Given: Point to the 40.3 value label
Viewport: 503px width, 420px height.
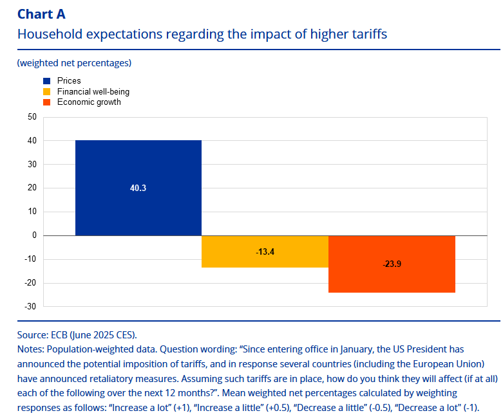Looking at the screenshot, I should pyautogui.click(x=138, y=188).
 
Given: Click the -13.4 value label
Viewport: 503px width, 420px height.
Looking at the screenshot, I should pyautogui.click(x=265, y=251).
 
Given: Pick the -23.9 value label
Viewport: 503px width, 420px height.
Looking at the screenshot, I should pyautogui.click(x=392, y=264).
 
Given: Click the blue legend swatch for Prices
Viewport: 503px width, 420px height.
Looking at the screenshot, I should pyautogui.click(x=47, y=81).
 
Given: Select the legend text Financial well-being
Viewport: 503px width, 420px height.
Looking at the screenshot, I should pyautogui.click(x=93, y=91).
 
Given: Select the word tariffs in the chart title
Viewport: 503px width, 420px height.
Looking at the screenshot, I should pyautogui.click(x=366, y=34).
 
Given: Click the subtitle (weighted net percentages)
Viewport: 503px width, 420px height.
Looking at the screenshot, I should pyautogui.click(x=74, y=62).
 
